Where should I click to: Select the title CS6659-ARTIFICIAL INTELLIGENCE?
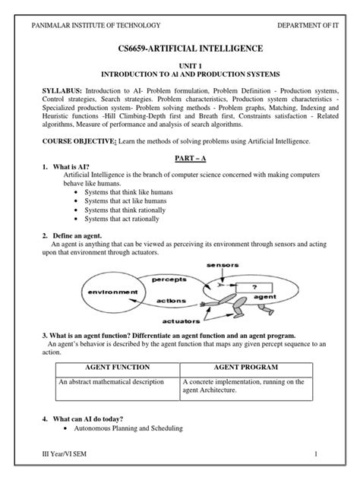[180, 49]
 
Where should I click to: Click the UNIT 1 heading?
[180, 67]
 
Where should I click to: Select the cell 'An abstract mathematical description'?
[109, 382]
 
